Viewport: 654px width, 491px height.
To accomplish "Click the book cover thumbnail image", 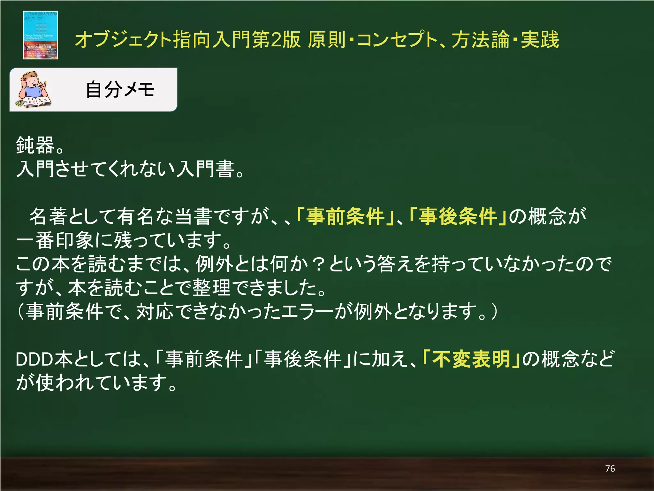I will click(40, 35).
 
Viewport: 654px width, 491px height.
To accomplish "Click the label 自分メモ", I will click(120, 90).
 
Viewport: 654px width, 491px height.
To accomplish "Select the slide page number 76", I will click(610, 469).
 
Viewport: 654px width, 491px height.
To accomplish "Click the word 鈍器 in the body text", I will click(35, 145).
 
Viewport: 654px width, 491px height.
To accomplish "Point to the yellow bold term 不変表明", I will click(471, 359).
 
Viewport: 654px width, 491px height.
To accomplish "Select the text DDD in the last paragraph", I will click(34, 359).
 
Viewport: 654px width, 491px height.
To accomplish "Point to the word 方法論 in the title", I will click(480, 40).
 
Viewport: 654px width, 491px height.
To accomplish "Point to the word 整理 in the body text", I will click(211, 288).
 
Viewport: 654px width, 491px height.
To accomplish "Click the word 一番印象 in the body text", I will click(54, 240).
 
